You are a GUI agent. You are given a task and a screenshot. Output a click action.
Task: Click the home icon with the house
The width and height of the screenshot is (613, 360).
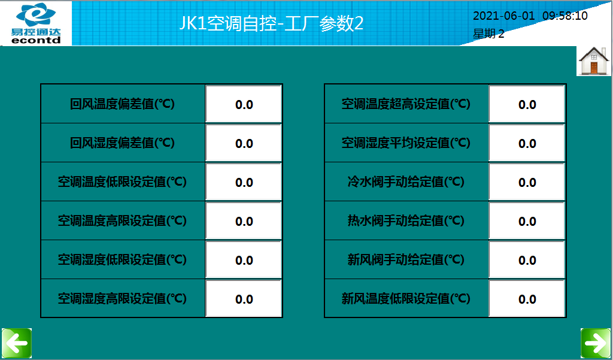point(594,60)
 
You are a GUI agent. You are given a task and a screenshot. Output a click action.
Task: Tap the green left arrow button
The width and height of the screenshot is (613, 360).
point(16,343)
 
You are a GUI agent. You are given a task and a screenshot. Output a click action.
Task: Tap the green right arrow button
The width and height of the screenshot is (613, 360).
point(596,343)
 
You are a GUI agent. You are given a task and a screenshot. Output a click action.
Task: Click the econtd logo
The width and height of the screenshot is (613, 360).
point(36,23)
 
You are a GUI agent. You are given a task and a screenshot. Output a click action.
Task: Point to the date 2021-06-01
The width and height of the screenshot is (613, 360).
point(503,16)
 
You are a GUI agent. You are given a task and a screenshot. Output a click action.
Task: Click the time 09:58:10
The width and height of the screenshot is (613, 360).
point(565,16)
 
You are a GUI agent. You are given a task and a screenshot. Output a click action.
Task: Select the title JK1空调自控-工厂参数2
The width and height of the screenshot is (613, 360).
point(271,23)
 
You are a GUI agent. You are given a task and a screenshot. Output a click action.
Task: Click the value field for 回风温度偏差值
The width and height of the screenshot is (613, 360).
point(244,104)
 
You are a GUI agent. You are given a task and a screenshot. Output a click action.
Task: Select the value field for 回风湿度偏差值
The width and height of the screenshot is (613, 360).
point(244,143)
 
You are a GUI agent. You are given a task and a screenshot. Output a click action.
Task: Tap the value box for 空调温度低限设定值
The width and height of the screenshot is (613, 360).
point(244,182)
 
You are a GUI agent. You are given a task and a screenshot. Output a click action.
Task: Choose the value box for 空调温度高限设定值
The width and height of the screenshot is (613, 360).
point(244,220)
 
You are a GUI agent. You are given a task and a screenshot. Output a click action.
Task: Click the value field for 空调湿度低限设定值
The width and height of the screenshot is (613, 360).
point(244,260)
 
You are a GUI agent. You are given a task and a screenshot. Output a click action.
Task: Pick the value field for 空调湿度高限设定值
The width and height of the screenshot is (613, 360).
point(244,298)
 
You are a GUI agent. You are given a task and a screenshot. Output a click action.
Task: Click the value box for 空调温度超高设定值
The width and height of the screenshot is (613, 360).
point(527,104)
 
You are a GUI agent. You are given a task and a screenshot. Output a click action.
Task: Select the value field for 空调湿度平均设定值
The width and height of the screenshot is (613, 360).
point(527,143)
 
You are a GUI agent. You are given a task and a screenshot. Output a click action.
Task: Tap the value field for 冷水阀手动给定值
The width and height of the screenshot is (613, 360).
point(527,182)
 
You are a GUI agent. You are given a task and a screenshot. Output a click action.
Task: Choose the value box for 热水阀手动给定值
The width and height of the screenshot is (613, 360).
point(527,220)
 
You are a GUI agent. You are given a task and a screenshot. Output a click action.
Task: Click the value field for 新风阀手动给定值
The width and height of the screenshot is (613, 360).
point(527,260)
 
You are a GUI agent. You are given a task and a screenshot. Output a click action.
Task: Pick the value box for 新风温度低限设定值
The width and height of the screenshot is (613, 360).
point(527,298)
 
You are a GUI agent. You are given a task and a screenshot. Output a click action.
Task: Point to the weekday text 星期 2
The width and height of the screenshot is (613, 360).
point(488,34)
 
